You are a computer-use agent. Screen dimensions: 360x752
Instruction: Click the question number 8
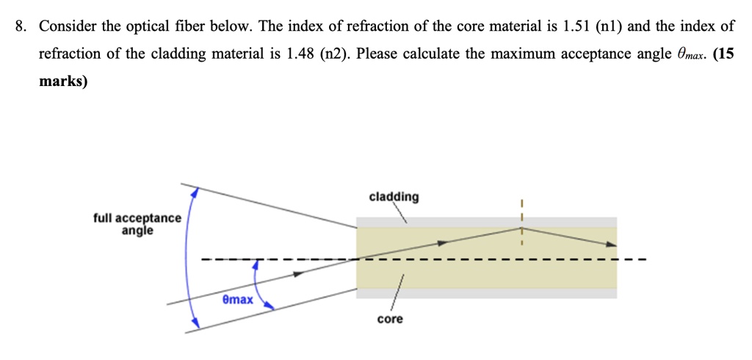pyautogui.click(x=22, y=27)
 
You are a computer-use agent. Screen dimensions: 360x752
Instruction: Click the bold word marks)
pyautogui.click(x=63, y=81)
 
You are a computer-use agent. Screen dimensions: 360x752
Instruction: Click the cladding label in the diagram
pyautogui.click(x=394, y=197)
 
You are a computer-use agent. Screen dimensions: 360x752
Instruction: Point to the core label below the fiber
pyautogui.click(x=390, y=320)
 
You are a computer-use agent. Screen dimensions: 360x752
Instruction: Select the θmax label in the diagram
pyautogui.click(x=237, y=300)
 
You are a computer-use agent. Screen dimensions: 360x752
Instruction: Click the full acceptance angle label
pyautogui.click(x=137, y=224)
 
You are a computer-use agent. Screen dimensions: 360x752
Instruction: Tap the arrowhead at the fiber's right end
pyautogui.click(x=612, y=246)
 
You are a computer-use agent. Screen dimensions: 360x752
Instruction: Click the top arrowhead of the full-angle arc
pyautogui.click(x=195, y=192)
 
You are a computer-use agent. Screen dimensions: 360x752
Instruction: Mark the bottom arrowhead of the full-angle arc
pyautogui.click(x=195, y=323)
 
